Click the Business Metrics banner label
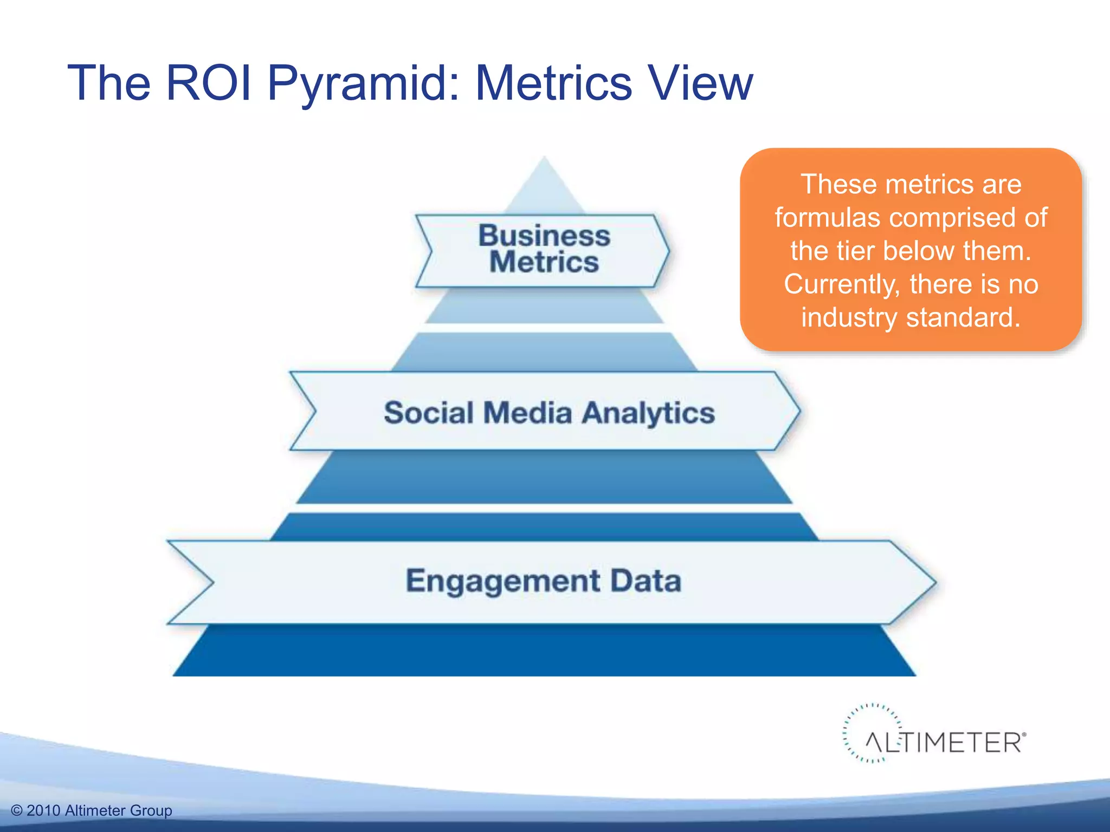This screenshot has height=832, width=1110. [x=544, y=249]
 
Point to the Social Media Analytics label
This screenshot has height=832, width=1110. [x=548, y=412]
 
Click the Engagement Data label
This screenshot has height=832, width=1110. [x=543, y=581]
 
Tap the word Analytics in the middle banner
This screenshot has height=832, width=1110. [x=648, y=413]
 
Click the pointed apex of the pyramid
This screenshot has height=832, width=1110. [x=544, y=160]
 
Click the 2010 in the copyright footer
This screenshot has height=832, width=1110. [x=43, y=811]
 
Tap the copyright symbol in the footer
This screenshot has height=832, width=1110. [x=17, y=811]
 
